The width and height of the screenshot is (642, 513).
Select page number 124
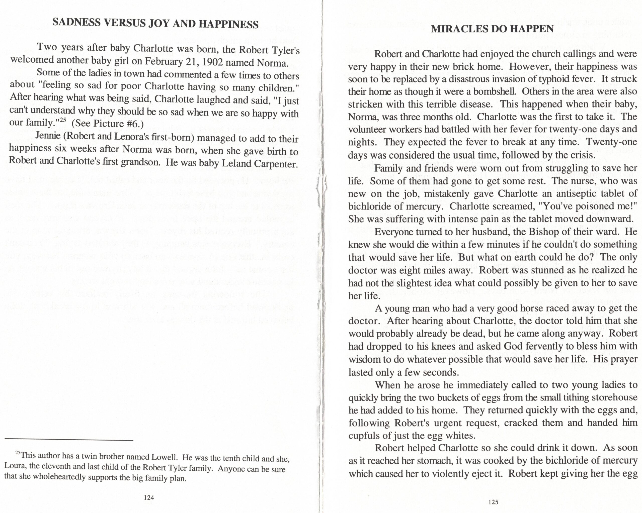[149, 497]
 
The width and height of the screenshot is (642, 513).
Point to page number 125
[493, 502]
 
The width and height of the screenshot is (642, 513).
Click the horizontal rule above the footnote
[69, 440]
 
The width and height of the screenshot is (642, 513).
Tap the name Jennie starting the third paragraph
[48, 135]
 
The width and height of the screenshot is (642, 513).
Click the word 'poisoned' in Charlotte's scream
[598, 206]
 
